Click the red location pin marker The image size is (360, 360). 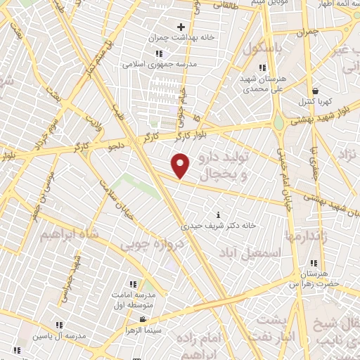tap(181, 167)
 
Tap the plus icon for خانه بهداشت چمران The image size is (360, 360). tap(181, 27)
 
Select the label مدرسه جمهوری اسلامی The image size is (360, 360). tap(159, 63)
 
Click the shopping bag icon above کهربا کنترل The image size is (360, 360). tap(315, 91)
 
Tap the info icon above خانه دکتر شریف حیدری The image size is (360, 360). tap(218, 214)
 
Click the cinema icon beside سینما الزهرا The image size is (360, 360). tap(143, 320)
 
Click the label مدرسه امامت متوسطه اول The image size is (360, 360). tap(134, 302)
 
